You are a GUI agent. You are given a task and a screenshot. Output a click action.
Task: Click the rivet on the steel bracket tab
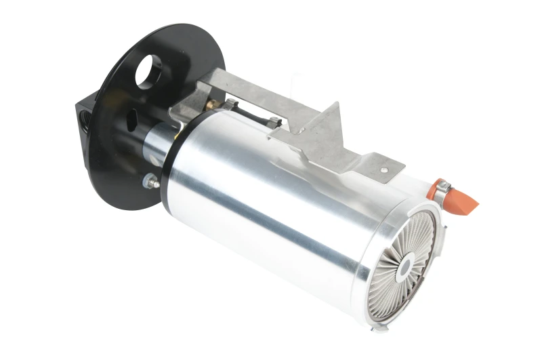click(383, 170)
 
